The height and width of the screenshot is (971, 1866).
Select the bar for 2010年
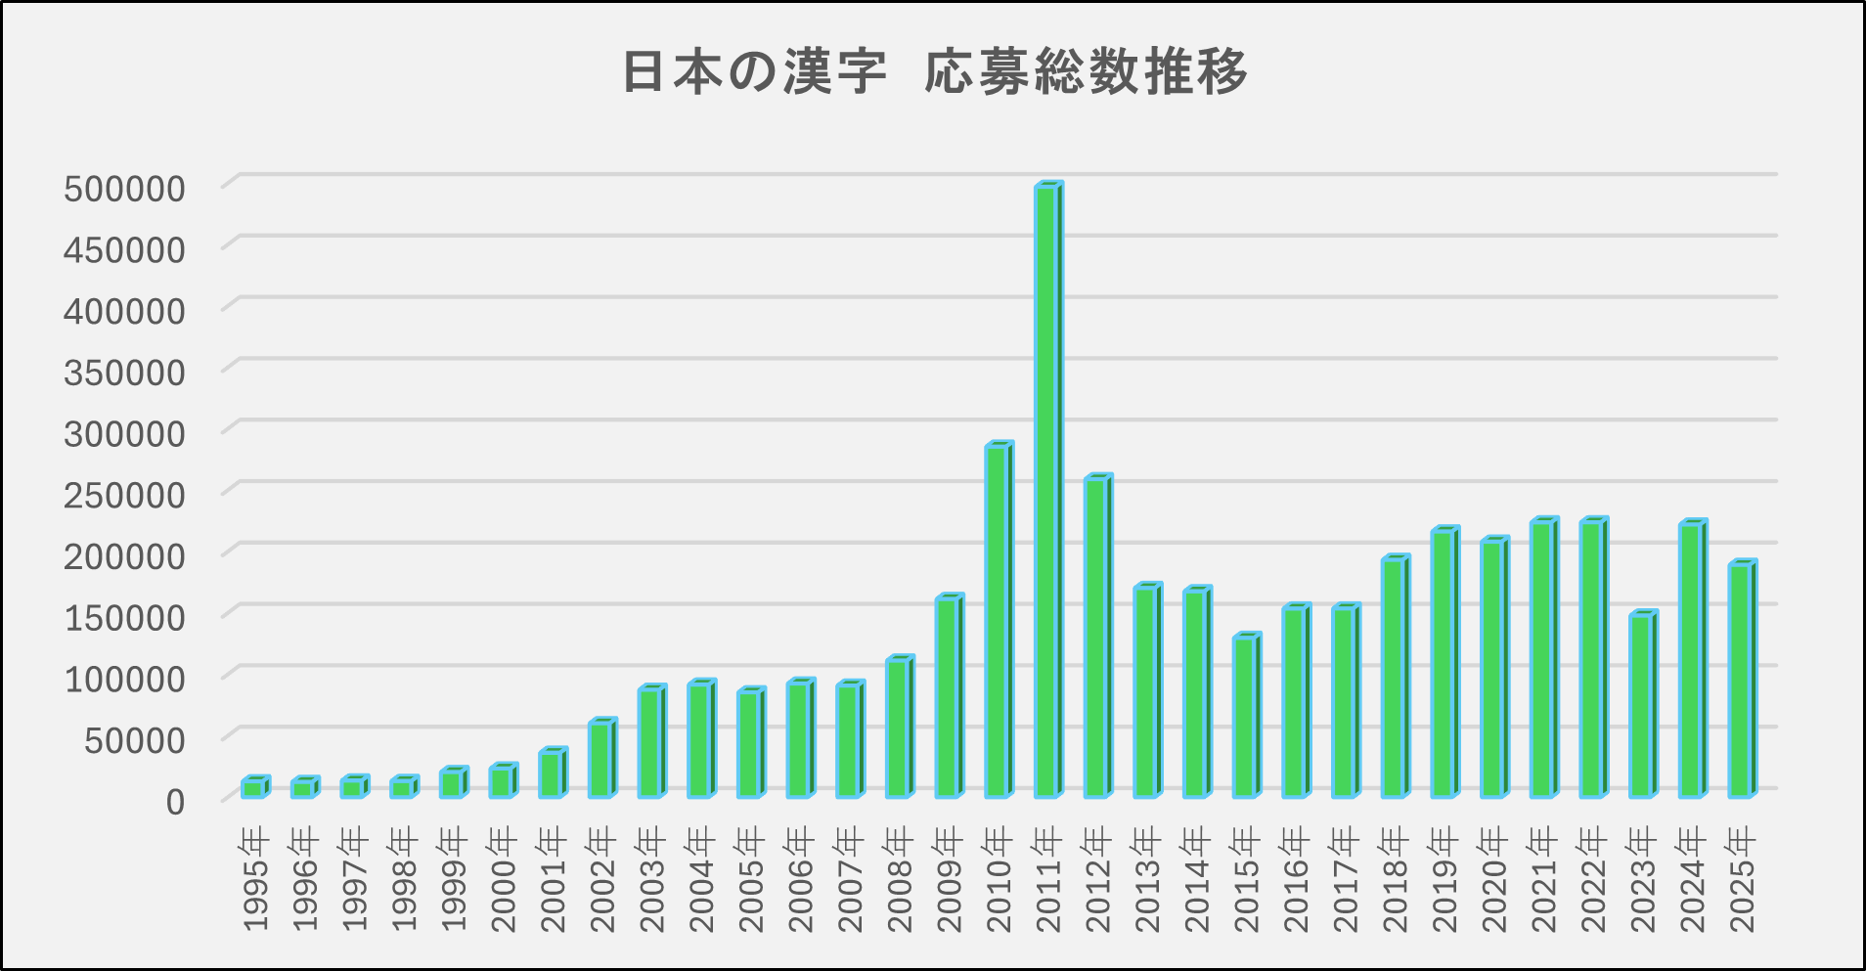coord(998,621)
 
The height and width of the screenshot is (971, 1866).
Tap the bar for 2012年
coord(1097,636)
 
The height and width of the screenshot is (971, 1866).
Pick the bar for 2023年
coord(1642,704)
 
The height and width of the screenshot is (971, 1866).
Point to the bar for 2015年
coord(1245,716)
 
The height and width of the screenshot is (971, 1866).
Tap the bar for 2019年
coord(1444,663)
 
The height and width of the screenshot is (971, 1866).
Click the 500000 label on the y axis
coord(124,189)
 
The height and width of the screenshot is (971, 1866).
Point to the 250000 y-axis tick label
coord(124,495)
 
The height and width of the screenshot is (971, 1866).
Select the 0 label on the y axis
coord(175,802)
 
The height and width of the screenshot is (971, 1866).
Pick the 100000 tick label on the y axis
coord(124,679)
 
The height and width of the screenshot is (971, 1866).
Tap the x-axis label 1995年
coord(254,880)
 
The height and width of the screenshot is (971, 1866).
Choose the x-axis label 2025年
coord(1741,880)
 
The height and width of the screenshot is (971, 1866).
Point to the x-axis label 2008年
coord(899,880)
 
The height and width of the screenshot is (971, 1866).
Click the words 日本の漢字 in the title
coord(754,72)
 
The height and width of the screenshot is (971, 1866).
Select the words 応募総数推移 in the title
coord(1086,72)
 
